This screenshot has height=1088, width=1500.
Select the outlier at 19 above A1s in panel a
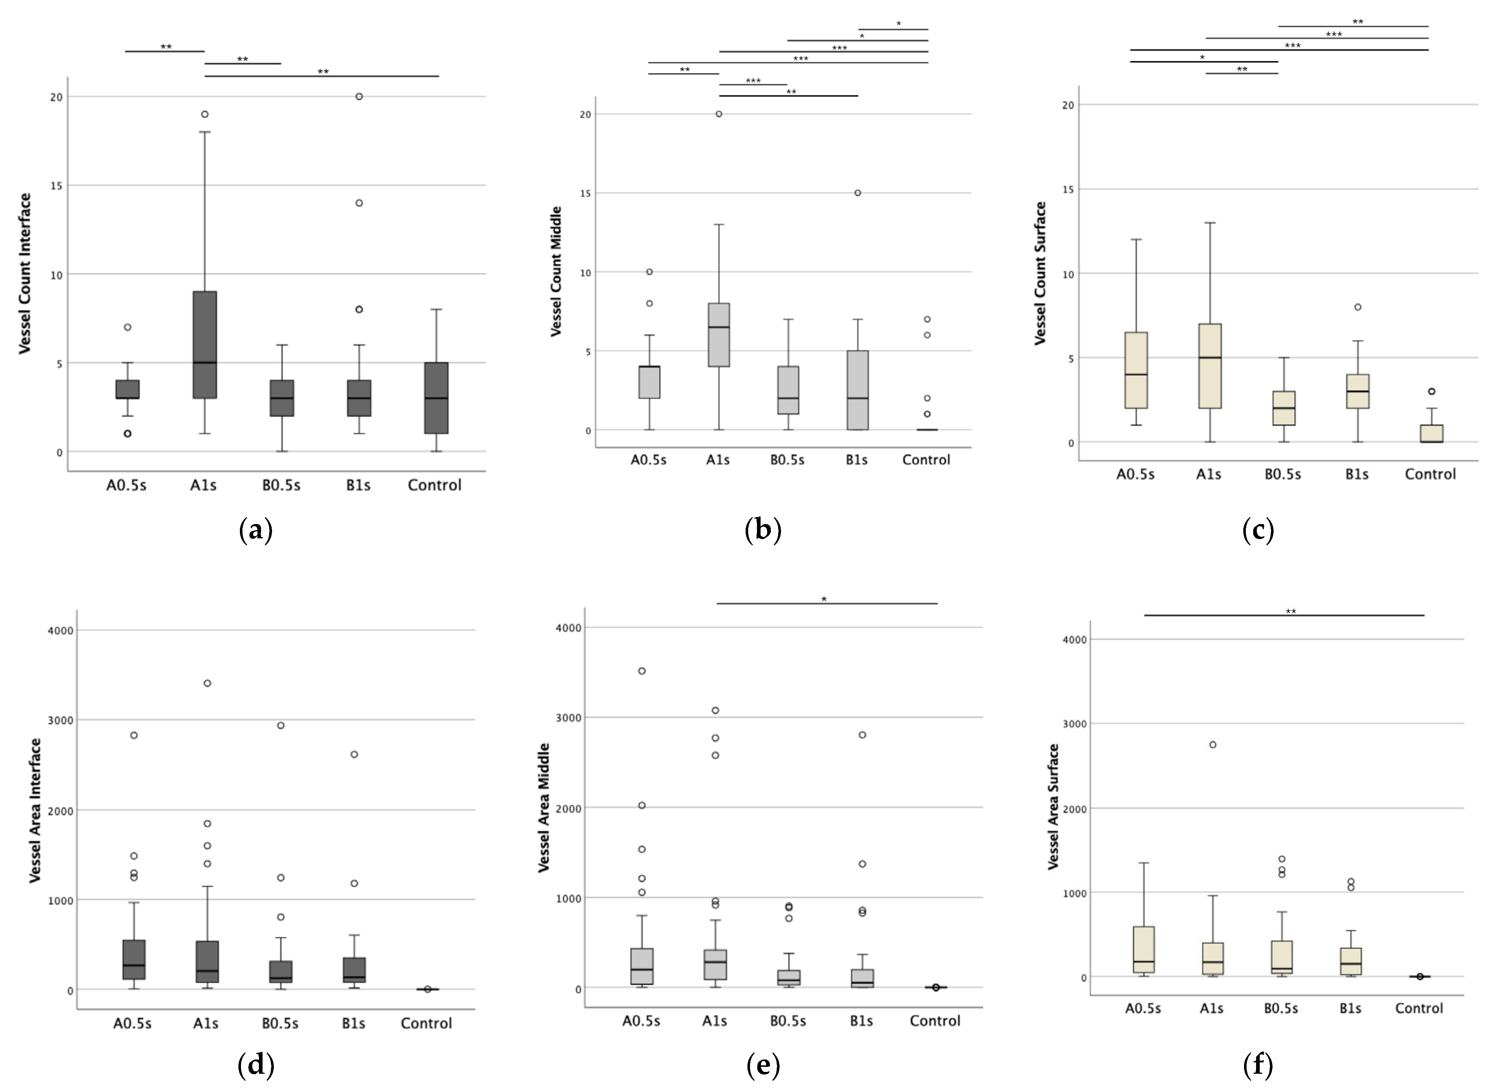pyautogui.click(x=205, y=114)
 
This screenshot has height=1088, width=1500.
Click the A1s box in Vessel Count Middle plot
pyautogui.click(x=719, y=334)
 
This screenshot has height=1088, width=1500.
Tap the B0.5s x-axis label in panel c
pyautogui.click(x=1282, y=474)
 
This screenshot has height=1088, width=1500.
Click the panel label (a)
pyautogui.click(x=255, y=530)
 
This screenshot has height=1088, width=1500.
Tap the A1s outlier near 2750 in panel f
pyautogui.click(x=1213, y=745)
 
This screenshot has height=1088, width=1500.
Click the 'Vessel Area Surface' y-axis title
pyautogui.click(x=1054, y=806)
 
